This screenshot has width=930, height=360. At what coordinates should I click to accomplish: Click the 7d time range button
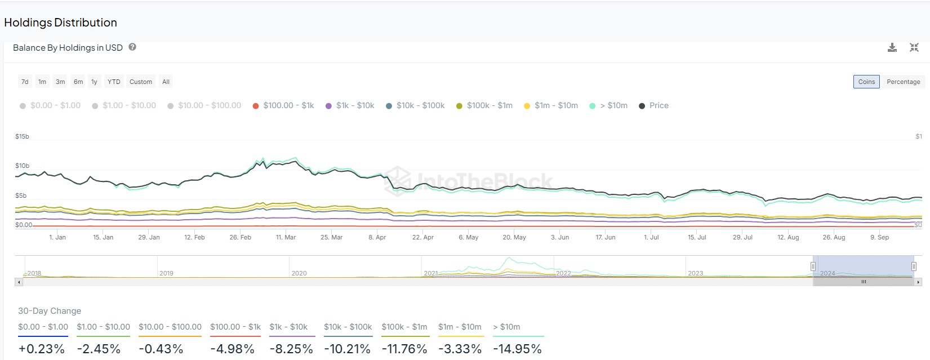click(25, 82)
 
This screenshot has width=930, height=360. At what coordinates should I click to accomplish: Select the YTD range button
click(114, 82)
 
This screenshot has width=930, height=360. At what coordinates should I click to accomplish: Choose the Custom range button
click(141, 82)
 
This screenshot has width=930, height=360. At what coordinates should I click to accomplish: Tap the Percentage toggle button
click(903, 82)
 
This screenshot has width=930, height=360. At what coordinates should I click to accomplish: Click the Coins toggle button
click(866, 82)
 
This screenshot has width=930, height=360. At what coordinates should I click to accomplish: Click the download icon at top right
click(892, 48)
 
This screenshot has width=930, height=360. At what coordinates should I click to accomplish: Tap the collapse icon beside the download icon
click(914, 48)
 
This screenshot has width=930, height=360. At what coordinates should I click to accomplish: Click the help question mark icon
click(132, 47)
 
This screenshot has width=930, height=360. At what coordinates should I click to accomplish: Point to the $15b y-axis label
click(22, 136)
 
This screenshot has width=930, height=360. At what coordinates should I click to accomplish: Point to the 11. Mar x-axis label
click(286, 237)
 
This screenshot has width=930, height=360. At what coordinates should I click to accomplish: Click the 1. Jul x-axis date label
click(651, 237)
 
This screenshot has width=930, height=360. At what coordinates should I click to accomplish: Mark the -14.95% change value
click(517, 349)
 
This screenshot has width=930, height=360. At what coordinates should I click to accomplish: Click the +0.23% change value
click(42, 349)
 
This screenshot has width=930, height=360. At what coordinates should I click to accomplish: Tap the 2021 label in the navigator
click(431, 273)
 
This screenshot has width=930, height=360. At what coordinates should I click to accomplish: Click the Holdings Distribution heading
click(61, 23)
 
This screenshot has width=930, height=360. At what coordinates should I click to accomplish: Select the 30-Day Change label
click(50, 311)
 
